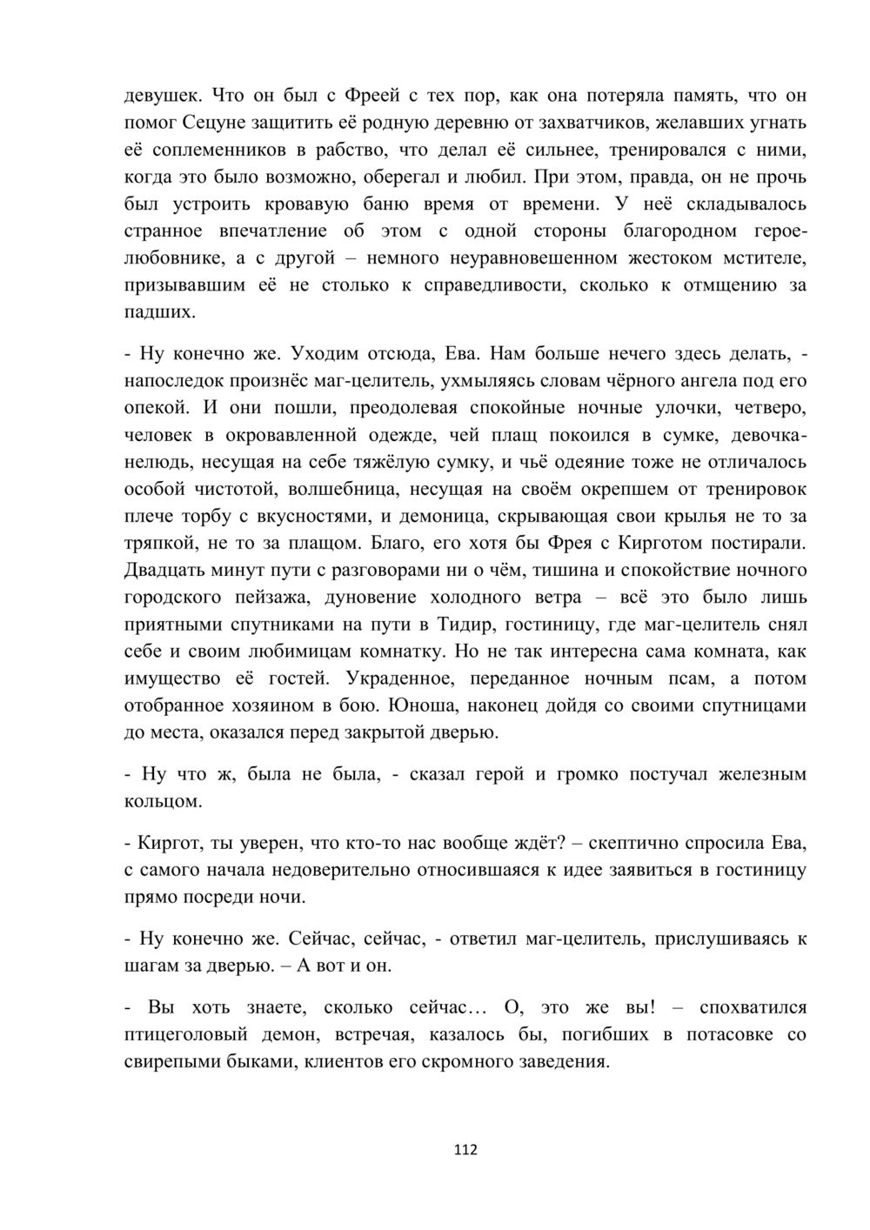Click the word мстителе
tap(762, 257)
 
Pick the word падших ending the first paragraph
tap(160, 311)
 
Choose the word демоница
tap(445, 516)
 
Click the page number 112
tap(465, 1150)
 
